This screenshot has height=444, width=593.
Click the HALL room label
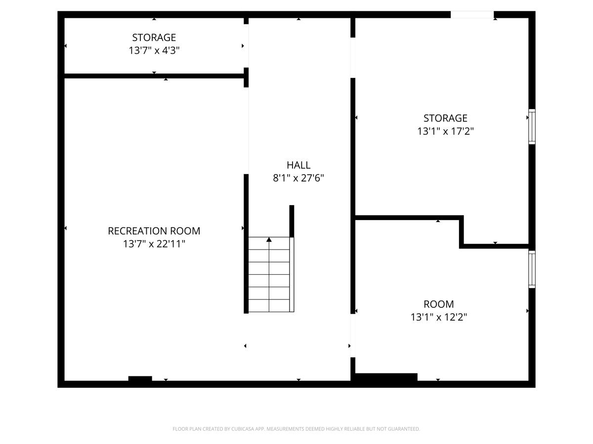pos(298,165)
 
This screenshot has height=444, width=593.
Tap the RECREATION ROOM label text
pos(154,231)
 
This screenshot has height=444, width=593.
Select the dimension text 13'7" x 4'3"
pos(154,50)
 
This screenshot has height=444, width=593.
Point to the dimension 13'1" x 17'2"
pos(446,131)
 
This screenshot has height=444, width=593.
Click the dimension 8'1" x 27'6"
pos(298,178)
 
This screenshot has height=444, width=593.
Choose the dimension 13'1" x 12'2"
pos(439,317)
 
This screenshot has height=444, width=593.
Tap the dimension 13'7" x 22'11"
pos(154,244)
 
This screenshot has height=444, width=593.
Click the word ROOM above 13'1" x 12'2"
pos(439,304)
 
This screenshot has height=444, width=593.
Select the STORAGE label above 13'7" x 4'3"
pos(154,37)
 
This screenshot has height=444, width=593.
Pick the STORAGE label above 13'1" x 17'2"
pos(445,118)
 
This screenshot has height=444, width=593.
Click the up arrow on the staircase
pos(269,240)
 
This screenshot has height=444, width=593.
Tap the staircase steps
pos(269,276)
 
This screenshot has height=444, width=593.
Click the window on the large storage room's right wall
pos(532,126)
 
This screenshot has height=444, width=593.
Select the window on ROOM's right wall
pos(532,269)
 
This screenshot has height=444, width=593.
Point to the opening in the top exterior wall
pos(472,15)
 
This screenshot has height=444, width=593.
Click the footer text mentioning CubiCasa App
pos(296,429)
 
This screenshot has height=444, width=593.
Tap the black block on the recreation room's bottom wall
pos(140,378)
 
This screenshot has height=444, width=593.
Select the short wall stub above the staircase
pos(292,221)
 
